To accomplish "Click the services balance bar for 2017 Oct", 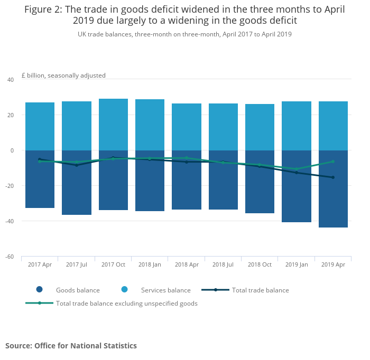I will coord(113,125).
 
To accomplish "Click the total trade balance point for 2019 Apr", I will coord(333,177).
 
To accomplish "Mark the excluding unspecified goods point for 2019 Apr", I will coord(333,162).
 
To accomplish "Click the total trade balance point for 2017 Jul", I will coord(77,165).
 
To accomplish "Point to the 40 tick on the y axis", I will coord(10,80).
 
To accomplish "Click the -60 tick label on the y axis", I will coord(10,257).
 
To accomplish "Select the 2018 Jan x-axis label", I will coord(150,264).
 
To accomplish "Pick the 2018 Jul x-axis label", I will coord(223,264).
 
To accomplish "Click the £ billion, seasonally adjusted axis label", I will coord(63,75).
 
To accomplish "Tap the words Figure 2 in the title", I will coord(43,9).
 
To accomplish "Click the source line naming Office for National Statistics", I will coord(71,346).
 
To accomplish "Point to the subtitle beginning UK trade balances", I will coord(184,34).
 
